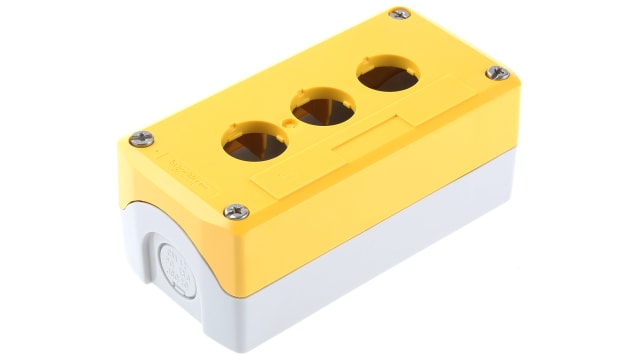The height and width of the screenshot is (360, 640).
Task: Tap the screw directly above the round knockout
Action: pyautogui.click(x=236, y=211)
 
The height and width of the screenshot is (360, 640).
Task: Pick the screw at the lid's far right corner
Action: pyautogui.click(x=498, y=73)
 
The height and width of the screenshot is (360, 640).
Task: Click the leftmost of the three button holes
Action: pyautogui.click(x=254, y=147)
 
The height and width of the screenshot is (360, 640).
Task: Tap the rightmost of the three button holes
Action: pyautogui.click(x=383, y=75)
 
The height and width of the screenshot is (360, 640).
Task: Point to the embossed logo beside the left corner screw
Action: pyautogui.click(x=180, y=159)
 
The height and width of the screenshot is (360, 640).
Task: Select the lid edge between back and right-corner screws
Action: pyautogui.click(x=450, y=42)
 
